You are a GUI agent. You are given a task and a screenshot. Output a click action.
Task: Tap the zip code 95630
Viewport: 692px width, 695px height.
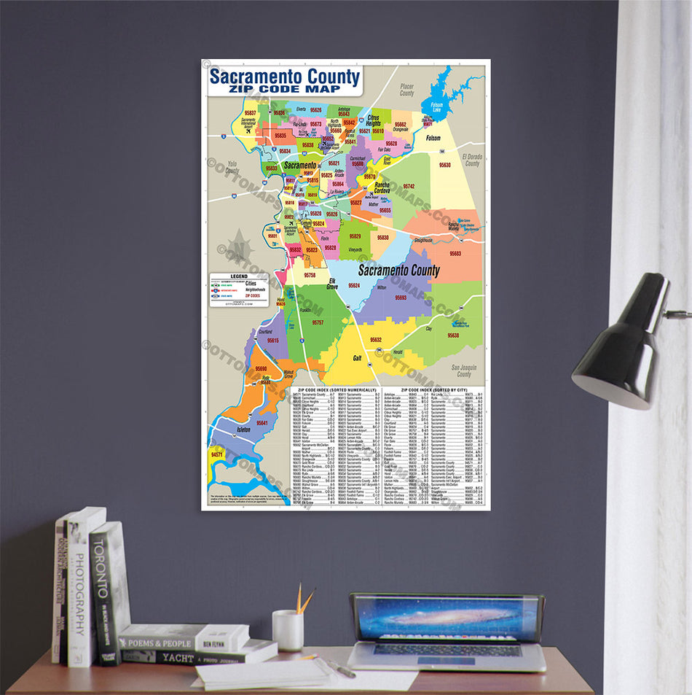click(x=444, y=166)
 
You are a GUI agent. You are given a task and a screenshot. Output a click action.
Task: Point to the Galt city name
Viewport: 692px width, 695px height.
click(x=357, y=357)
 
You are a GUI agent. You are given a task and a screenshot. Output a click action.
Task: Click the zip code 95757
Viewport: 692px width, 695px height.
click(x=318, y=322)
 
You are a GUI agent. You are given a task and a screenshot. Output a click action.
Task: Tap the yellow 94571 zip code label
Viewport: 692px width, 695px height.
click(x=217, y=454)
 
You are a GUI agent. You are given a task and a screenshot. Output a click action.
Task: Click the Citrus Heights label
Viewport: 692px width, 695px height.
click(x=373, y=120)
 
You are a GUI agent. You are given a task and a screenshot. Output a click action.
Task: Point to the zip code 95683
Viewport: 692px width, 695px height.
click(x=455, y=254)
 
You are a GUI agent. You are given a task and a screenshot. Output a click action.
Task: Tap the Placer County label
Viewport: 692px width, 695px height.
click(x=406, y=90)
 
